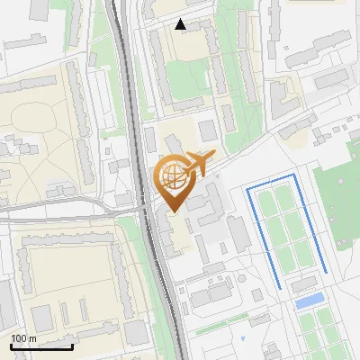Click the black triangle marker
coord(181,24)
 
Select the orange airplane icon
coord(199,163)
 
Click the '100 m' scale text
coord(23,337)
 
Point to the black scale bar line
coord(41,346)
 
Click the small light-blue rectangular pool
coord(309,300)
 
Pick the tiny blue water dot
coord(243,338)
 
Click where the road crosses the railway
coord(146,209)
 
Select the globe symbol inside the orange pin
coord(171,174)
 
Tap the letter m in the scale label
coord(31,337)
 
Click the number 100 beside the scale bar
coord(19,337)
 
